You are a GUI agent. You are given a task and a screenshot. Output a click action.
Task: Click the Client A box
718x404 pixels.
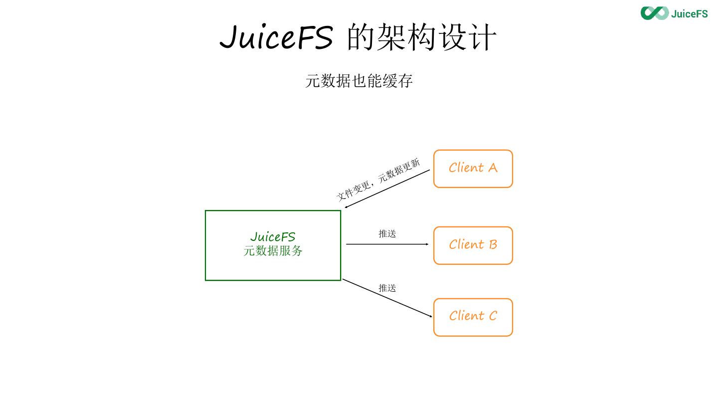point(473,169)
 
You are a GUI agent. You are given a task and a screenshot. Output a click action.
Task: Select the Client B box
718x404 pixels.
point(473,245)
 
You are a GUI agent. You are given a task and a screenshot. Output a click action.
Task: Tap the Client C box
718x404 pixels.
point(473,317)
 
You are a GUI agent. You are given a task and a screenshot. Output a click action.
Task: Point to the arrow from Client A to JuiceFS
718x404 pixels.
point(387,189)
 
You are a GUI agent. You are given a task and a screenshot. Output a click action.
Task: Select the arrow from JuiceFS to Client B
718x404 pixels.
point(387,244)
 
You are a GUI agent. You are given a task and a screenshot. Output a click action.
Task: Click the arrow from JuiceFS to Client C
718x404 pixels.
point(387,298)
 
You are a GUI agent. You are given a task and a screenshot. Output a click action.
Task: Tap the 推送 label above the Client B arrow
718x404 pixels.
point(387,233)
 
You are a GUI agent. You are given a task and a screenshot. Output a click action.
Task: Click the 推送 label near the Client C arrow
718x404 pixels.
point(387,288)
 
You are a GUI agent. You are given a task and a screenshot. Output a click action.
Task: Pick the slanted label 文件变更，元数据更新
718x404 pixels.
point(378,180)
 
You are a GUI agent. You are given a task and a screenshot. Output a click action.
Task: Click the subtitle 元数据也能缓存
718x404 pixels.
point(359,81)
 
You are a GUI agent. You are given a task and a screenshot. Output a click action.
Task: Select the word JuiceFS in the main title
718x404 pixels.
point(276,37)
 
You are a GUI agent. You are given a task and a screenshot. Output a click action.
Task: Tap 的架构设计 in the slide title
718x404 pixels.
point(421,37)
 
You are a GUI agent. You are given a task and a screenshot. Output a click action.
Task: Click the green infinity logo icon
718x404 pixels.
point(654,13)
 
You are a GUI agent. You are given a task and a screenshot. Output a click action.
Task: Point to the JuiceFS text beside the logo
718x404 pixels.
point(689,13)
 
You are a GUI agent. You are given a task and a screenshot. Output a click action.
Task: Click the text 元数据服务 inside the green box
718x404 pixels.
point(273,251)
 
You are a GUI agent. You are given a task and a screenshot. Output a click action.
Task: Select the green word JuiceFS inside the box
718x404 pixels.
point(273,236)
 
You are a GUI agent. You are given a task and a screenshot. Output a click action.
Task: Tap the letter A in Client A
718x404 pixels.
point(492,168)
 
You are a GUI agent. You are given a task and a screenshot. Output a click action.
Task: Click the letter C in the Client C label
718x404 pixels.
point(492,316)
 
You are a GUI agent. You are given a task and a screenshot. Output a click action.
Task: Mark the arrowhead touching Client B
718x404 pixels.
point(427,244)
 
